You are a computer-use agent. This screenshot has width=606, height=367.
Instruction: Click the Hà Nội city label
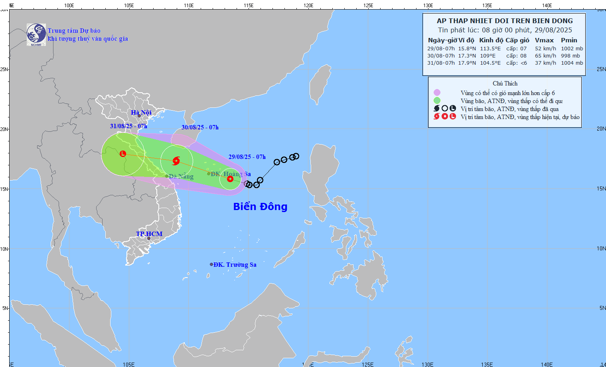(141, 113)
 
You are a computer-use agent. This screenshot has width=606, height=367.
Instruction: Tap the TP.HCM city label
(149, 234)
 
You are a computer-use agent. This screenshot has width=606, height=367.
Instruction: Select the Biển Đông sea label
(260, 206)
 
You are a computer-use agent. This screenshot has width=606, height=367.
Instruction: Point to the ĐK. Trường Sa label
(235, 265)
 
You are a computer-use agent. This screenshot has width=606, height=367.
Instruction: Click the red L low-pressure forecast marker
(123, 154)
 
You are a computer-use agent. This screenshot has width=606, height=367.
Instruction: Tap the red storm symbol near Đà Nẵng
(176, 161)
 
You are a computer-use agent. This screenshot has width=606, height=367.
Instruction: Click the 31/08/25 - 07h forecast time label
(128, 126)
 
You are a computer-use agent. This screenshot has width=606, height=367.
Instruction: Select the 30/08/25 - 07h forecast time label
(200, 127)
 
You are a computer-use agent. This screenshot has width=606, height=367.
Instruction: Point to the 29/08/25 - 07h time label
(247, 157)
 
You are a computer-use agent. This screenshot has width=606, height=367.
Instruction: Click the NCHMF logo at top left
(36, 35)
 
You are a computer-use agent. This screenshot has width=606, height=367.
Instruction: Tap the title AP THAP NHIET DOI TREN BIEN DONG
(505, 21)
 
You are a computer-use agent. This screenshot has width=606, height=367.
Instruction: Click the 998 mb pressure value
(570, 56)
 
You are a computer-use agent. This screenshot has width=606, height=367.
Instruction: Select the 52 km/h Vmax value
(545, 49)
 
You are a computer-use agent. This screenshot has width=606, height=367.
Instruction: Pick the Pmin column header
(569, 40)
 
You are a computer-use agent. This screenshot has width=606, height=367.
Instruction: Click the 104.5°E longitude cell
(490, 63)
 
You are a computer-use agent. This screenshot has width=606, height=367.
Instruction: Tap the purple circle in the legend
(437, 93)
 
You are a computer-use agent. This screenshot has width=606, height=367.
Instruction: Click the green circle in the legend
(437, 101)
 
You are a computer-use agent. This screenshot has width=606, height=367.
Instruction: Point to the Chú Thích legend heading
(505, 83)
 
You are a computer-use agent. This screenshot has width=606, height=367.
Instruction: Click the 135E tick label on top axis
(487, 6)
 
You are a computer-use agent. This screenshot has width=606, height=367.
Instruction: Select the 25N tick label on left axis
(4, 69)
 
